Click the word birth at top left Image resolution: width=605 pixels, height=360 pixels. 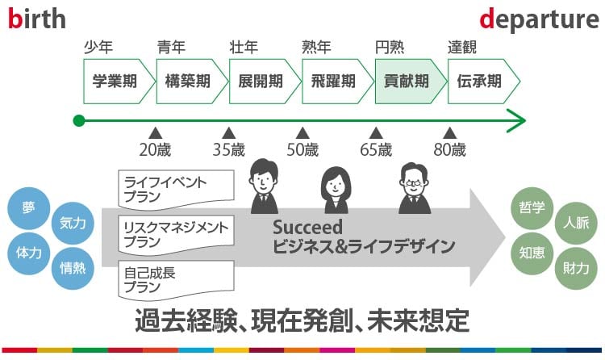click(37, 19)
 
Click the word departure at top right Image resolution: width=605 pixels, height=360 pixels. click(539, 19)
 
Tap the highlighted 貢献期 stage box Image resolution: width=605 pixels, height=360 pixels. click(407, 81)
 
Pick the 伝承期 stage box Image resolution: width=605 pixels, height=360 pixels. click(479, 81)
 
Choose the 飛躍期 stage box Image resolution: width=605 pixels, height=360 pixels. click(332, 81)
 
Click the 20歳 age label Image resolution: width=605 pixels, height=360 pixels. click(156, 149)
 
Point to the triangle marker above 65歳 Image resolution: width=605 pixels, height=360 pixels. click(376, 132)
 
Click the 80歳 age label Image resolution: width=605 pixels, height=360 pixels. click(450, 149)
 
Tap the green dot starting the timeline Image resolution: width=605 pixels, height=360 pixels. click(78, 121)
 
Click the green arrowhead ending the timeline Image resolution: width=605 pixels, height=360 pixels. click(516, 121)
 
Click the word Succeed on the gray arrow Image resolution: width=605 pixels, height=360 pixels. click(307, 228)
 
